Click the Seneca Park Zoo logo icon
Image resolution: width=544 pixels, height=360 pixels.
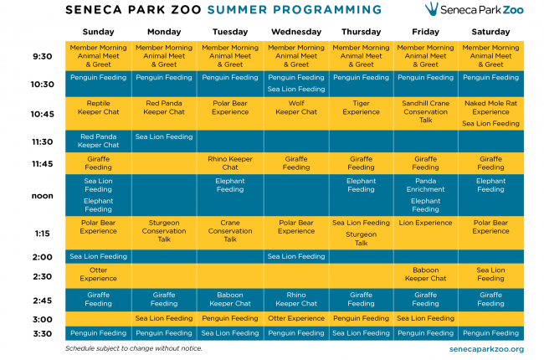432,8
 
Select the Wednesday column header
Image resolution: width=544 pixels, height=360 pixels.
296,32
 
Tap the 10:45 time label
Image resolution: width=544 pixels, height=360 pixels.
43,114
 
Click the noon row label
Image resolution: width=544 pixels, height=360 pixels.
43,196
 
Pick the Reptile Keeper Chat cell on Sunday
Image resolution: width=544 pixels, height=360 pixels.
98,108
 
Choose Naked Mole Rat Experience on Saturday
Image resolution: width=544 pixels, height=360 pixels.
490,108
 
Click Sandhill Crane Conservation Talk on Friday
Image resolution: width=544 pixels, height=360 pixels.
425,112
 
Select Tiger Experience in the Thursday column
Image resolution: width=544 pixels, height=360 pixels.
361,108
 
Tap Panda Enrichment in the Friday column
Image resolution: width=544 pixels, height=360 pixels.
425,185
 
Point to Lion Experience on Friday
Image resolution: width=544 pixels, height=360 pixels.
425,223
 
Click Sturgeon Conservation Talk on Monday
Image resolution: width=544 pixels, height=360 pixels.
164,231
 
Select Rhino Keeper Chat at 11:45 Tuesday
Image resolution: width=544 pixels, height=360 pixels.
230,163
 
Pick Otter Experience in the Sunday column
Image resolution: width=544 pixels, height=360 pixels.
98,275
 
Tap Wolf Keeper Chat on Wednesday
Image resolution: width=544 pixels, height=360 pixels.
296,108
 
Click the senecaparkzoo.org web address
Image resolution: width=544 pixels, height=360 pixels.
486,349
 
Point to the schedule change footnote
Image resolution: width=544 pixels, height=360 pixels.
134,348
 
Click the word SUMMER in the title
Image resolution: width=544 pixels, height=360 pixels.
237,10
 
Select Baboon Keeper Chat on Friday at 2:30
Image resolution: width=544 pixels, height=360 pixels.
425,275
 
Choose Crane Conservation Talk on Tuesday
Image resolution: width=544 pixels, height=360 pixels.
230,231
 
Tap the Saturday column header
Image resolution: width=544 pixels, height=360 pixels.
490,32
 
